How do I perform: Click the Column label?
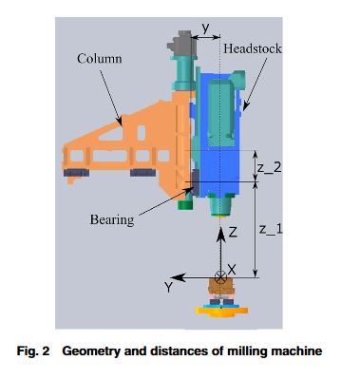(x=99, y=59)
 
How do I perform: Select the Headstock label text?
(x=253, y=48)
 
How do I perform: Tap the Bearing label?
(x=112, y=219)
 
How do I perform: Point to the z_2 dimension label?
(x=269, y=168)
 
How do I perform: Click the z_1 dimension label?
(x=271, y=229)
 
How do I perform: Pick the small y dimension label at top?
(x=206, y=28)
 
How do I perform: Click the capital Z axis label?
(x=233, y=233)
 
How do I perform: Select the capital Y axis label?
(x=169, y=287)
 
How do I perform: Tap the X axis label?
(x=232, y=270)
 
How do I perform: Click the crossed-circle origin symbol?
(x=220, y=277)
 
